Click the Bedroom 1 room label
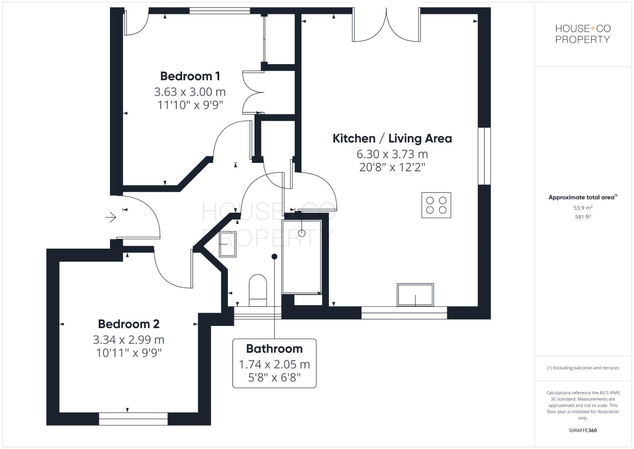[x=190, y=76]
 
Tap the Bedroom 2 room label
[x=129, y=324]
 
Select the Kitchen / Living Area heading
[x=392, y=138]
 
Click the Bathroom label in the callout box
[x=274, y=349]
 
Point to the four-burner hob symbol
[x=436, y=205]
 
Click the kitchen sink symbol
[x=415, y=295]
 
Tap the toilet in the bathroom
[x=258, y=287]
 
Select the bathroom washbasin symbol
[x=228, y=244]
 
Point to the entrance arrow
[x=111, y=217]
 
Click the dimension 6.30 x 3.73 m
[x=392, y=154]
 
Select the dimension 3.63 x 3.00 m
[x=190, y=91]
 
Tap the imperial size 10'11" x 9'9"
[x=129, y=353]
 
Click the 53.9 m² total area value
[x=583, y=208]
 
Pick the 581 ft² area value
[x=583, y=217]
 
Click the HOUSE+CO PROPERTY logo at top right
[x=583, y=34]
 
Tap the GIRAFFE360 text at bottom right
[x=583, y=430]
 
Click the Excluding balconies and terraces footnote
[x=583, y=368]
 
